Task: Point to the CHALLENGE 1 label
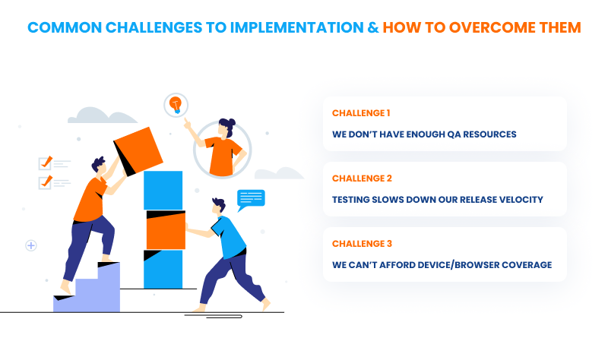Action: pyautogui.click(x=361, y=113)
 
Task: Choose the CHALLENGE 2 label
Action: pyautogui.click(x=362, y=178)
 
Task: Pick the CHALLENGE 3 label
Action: pyautogui.click(x=362, y=244)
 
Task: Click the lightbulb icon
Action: pyautogui.click(x=176, y=103)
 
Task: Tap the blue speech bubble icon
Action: pyautogui.click(x=251, y=199)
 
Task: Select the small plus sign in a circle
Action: pyautogui.click(x=31, y=245)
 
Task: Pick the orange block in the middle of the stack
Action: pyautogui.click(x=165, y=230)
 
